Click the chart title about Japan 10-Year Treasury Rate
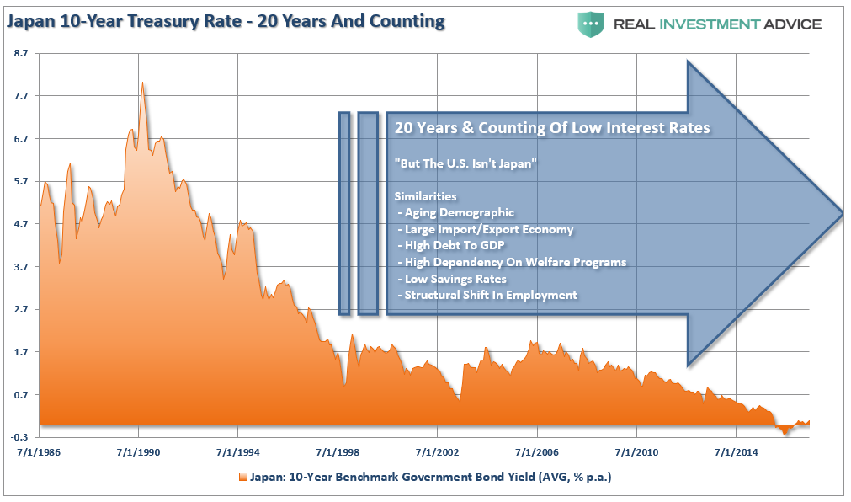click(x=225, y=22)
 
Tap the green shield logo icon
click(x=590, y=24)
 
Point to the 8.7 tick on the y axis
click(x=21, y=53)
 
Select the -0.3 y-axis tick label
click(x=19, y=437)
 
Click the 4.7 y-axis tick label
click(x=21, y=224)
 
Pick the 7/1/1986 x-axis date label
click(x=40, y=453)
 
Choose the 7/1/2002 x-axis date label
click(x=437, y=453)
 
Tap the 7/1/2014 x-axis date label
click(x=735, y=453)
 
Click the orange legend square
click(x=243, y=477)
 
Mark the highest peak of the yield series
click(x=143, y=83)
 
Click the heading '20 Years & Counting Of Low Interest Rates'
click(x=552, y=128)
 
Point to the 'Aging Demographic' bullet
click(x=459, y=212)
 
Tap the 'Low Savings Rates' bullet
click(x=455, y=278)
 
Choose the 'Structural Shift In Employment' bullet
click(x=491, y=295)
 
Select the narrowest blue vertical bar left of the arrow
click(x=343, y=213)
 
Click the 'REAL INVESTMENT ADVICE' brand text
click(x=716, y=24)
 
